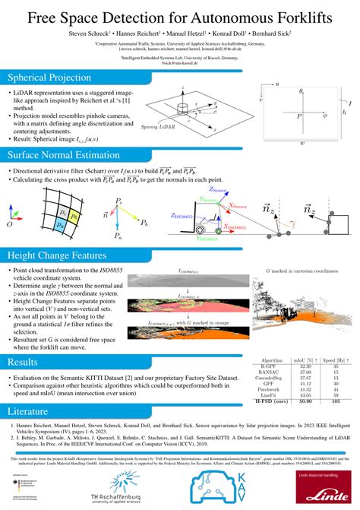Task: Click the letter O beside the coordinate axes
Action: (9, 226)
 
